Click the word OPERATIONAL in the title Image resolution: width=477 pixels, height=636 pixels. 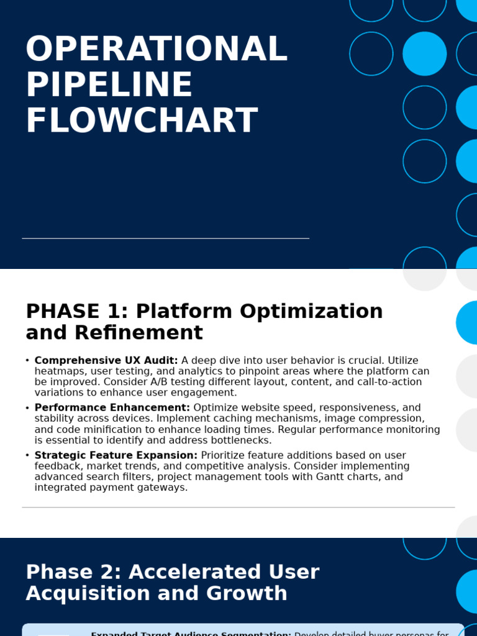157,49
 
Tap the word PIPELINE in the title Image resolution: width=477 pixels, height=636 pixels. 109,85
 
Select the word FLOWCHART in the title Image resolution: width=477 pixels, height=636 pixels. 142,121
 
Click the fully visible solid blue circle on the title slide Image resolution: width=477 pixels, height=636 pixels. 425,54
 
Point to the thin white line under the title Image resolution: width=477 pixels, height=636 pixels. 165,238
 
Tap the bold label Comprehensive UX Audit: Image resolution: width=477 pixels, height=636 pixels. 106,360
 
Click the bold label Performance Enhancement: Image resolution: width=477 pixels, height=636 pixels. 112,407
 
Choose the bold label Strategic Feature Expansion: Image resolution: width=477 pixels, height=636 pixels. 116,455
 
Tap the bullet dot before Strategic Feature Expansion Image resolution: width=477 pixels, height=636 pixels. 27,455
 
